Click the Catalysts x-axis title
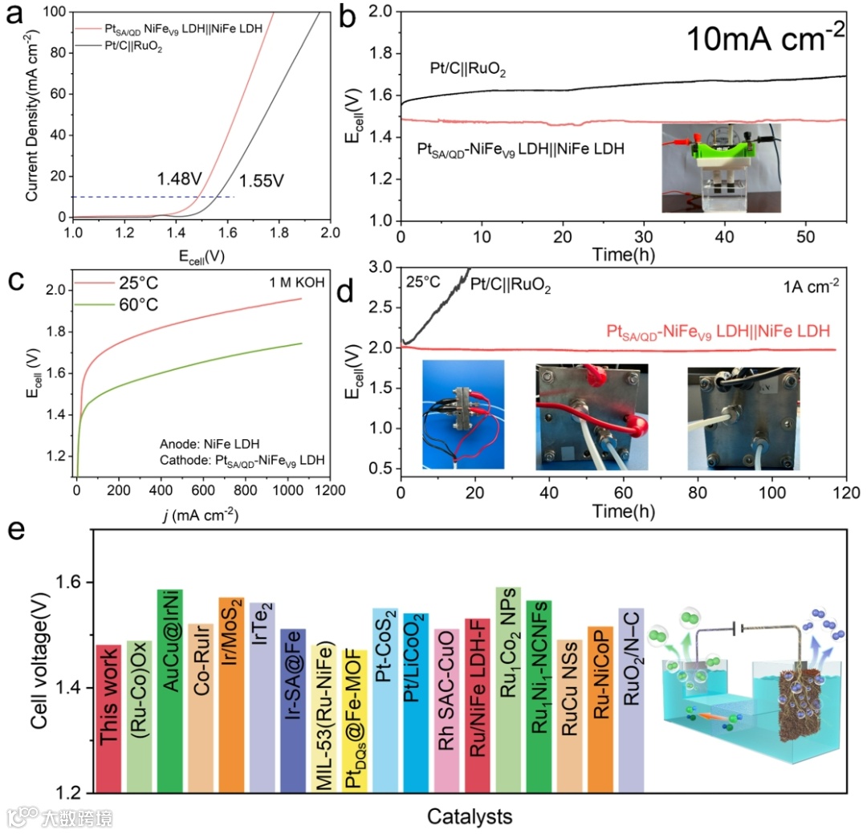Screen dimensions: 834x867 [470, 817]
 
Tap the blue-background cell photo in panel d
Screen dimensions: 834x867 [463, 414]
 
